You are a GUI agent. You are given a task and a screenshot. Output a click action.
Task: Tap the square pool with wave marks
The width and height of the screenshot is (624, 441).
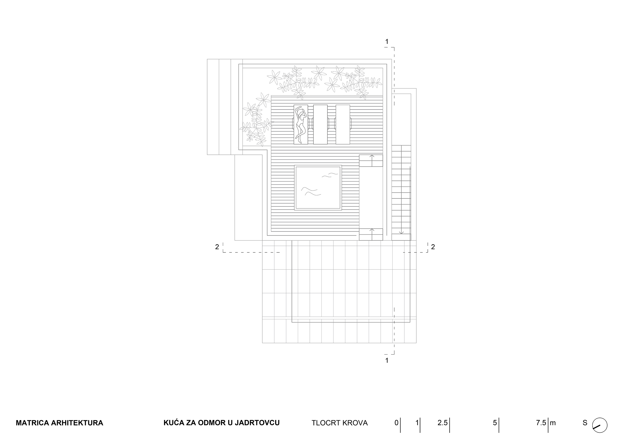coord(318,188)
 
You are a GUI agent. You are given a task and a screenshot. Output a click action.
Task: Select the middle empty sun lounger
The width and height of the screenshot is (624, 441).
coord(321,124)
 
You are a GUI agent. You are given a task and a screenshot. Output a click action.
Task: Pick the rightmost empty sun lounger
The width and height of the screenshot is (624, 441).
coord(343,124)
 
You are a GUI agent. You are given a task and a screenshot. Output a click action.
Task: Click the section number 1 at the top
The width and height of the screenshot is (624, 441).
coord(387,42)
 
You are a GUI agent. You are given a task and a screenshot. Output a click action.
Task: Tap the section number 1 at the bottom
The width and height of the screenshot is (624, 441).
coord(387,361)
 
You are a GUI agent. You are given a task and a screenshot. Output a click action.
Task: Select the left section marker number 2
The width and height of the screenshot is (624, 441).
coord(217,247)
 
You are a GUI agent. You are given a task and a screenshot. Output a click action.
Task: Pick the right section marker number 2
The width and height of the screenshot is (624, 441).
coord(433,247)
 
